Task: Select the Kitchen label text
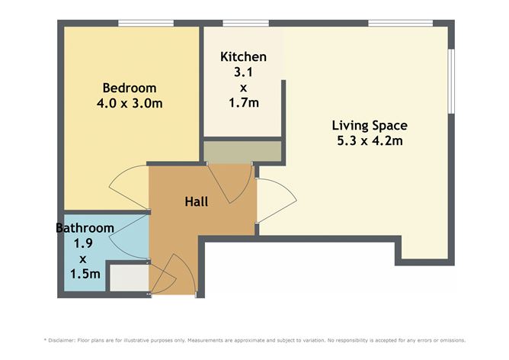[243, 57]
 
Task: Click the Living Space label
[370, 126]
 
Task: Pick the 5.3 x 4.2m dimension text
[370, 140]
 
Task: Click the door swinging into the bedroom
[126, 188]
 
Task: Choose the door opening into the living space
[271, 201]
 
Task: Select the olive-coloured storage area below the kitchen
[242, 151]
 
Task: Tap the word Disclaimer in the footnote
[67, 340]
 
